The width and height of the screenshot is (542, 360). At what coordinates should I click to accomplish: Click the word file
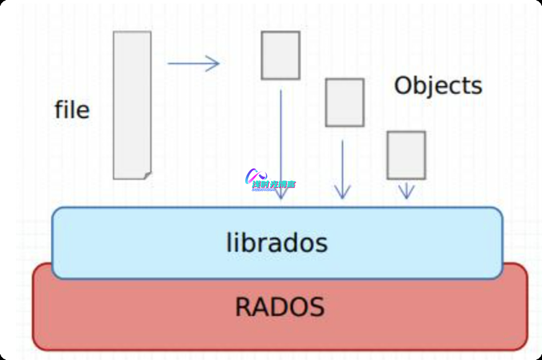[72, 110]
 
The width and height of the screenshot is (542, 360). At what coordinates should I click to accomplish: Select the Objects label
[438, 86]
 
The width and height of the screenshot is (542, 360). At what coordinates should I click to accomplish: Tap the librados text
[277, 243]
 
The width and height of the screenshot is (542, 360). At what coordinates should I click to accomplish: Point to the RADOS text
[280, 307]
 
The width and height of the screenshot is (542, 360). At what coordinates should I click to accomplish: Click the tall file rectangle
[132, 103]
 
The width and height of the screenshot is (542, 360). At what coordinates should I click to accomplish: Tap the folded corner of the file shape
[147, 174]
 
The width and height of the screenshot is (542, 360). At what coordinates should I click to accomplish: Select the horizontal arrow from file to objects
[193, 63]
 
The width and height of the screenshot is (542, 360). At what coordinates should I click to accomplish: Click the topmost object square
[280, 55]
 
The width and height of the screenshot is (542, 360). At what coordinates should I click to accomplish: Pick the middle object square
[344, 102]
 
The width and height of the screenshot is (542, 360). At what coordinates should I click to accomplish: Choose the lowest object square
[406, 155]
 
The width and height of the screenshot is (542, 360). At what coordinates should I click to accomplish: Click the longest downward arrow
[280, 143]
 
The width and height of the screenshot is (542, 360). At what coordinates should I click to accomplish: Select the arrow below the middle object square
[342, 169]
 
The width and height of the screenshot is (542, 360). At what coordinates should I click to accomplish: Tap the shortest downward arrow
[406, 190]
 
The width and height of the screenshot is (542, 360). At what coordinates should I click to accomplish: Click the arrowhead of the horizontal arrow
[214, 63]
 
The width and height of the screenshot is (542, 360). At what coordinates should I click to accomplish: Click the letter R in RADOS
[244, 307]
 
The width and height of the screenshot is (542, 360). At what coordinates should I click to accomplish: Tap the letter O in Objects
[404, 86]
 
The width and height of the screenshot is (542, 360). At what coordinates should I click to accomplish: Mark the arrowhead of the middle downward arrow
[342, 193]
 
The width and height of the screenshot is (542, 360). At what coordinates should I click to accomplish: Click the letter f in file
[59, 109]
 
